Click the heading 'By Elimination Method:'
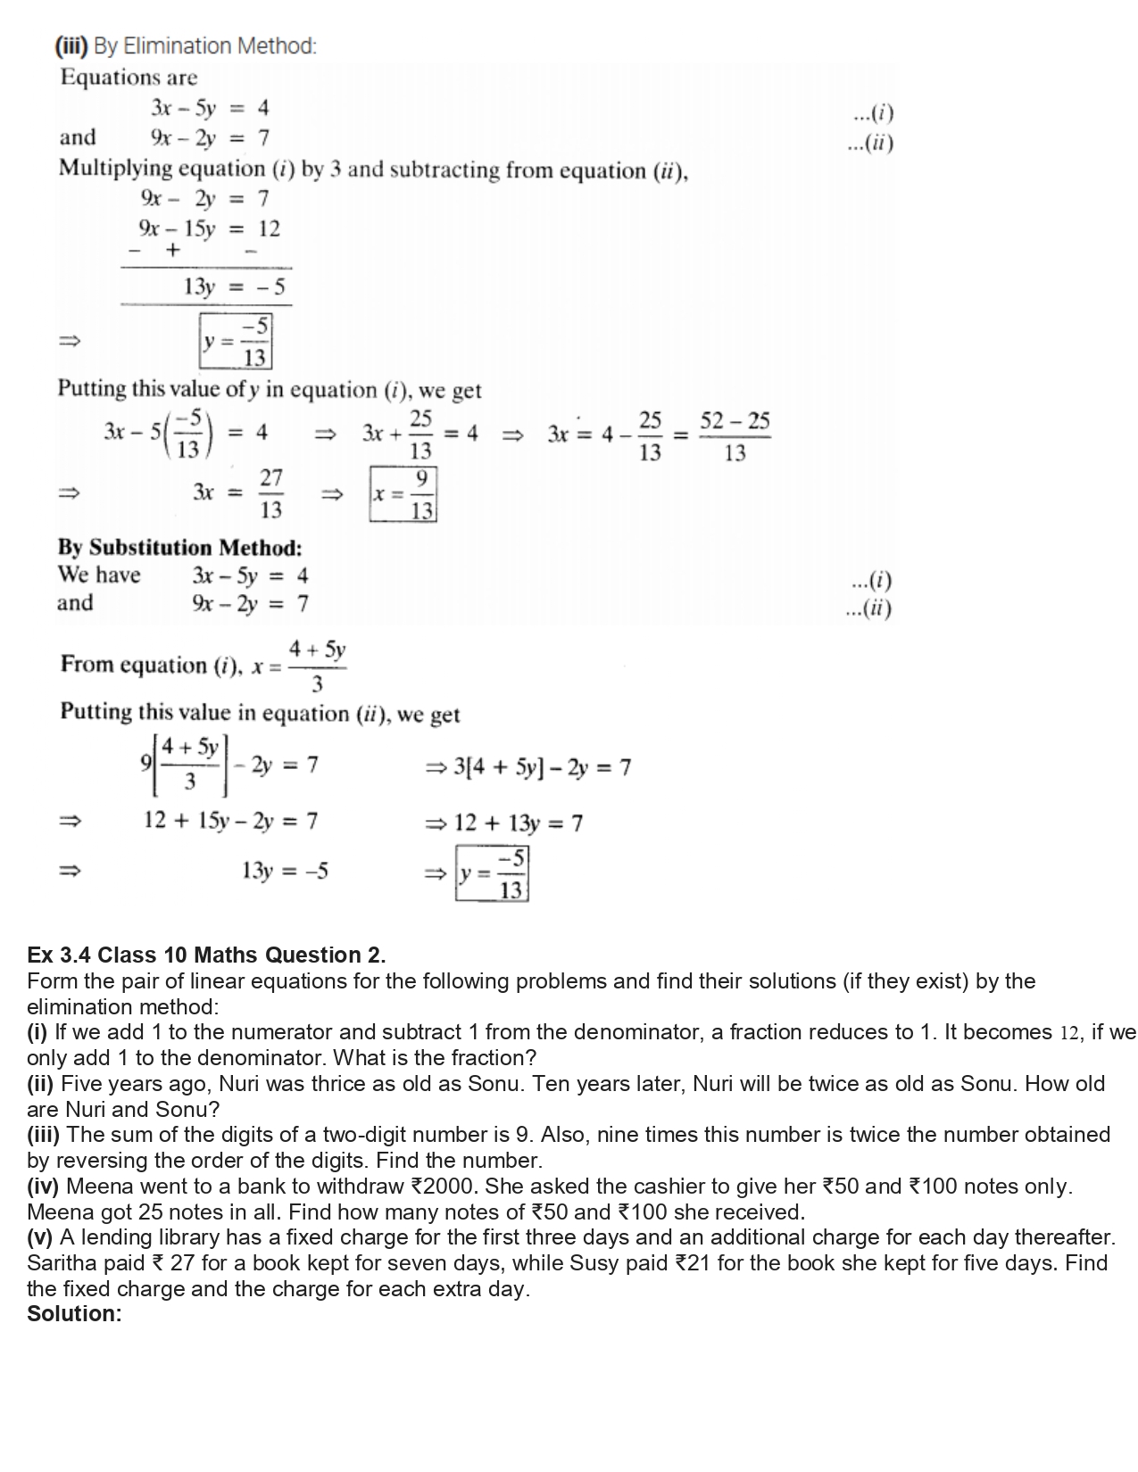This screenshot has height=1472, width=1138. pyautogui.click(x=204, y=45)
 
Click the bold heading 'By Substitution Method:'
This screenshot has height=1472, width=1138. pyautogui.click(x=179, y=547)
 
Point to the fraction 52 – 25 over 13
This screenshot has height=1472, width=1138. pyautogui.click(x=735, y=436)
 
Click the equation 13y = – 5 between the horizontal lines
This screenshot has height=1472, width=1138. pyautogui.click(x=234, y=287)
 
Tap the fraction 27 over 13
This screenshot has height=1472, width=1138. pyautogui.click(x=270, y=493)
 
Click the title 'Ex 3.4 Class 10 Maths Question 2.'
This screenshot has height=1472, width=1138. pyautogui.click(x=206, y=955)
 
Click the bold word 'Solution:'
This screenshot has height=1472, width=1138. pyautogui.click(x=74, y=1314)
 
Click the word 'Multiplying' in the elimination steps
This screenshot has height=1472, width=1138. pyautogui.click(x=116, y=169)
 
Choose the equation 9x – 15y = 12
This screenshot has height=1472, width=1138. pyautogui.click(x=209, y=229)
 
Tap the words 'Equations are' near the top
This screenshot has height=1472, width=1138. pyautogui.click(x=129, y=77)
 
